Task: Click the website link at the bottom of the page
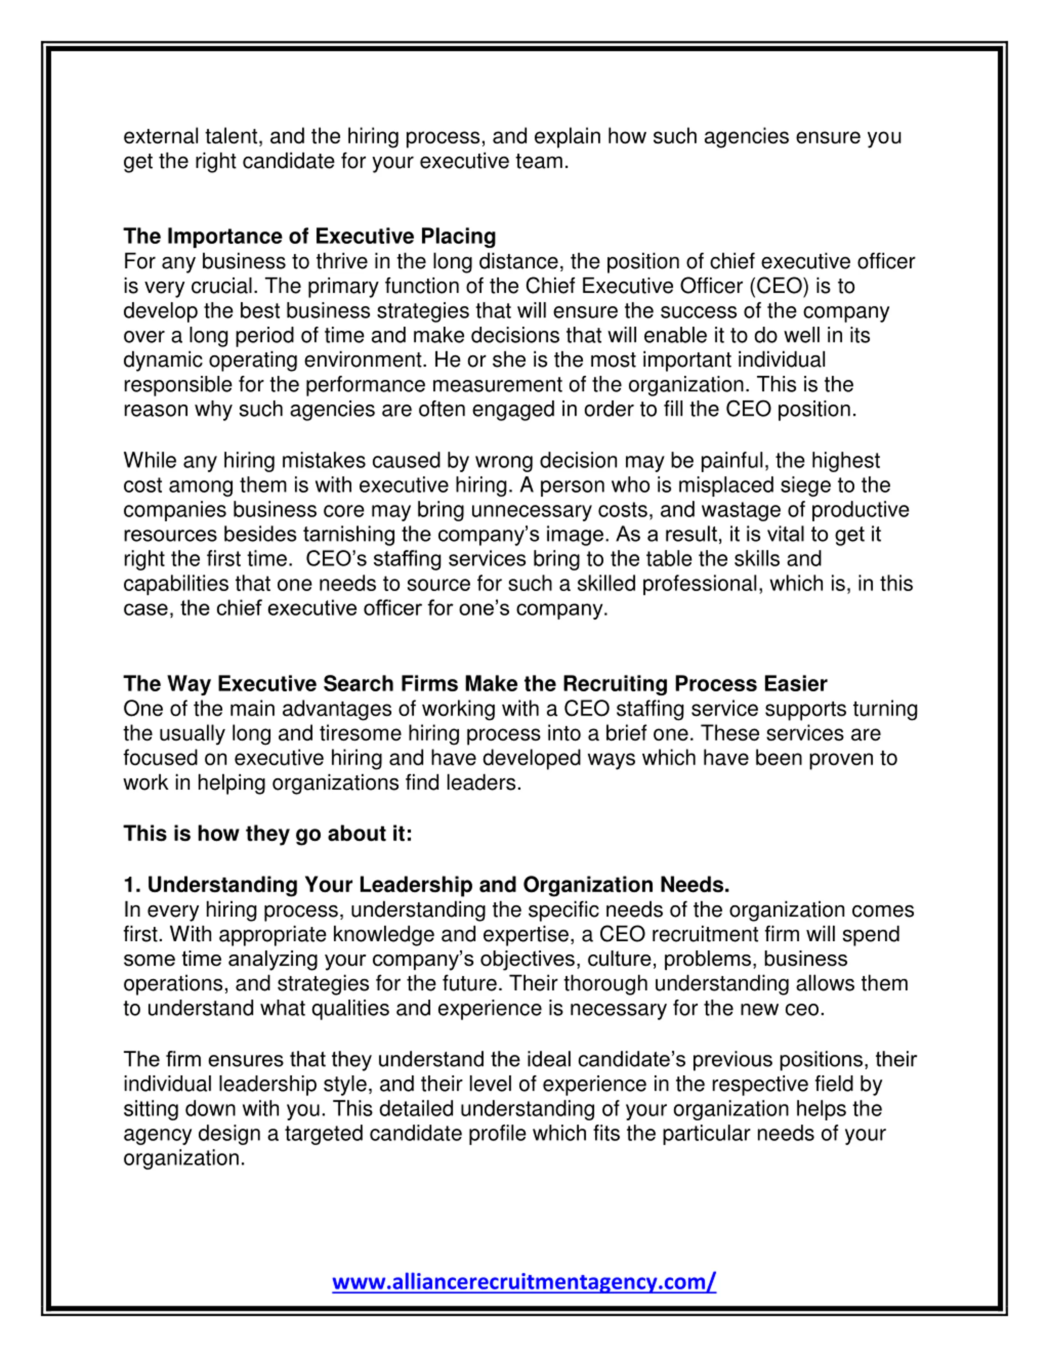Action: click(524, 1281)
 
